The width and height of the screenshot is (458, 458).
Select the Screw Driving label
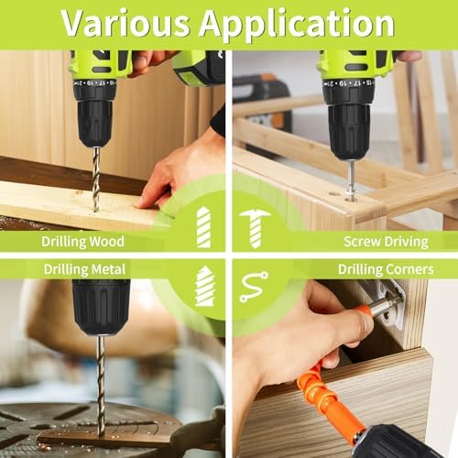click(x=386, y=242)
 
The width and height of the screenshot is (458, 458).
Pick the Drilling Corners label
click(x=386, y=269)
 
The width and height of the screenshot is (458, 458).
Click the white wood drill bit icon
click(x=202, y=227)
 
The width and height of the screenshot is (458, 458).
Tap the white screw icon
click(x=255, y=226)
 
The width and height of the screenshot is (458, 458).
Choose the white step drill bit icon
click(x=203, y=286)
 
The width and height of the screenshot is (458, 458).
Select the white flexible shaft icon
click(x=254, y=286)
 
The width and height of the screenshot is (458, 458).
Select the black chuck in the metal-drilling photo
click(x=101, y=306)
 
